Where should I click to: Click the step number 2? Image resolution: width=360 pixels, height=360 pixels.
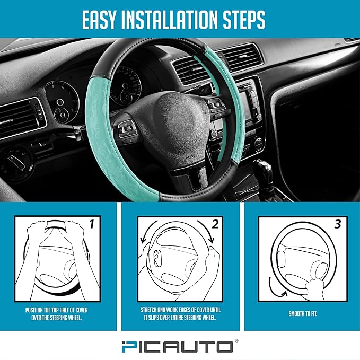215,224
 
